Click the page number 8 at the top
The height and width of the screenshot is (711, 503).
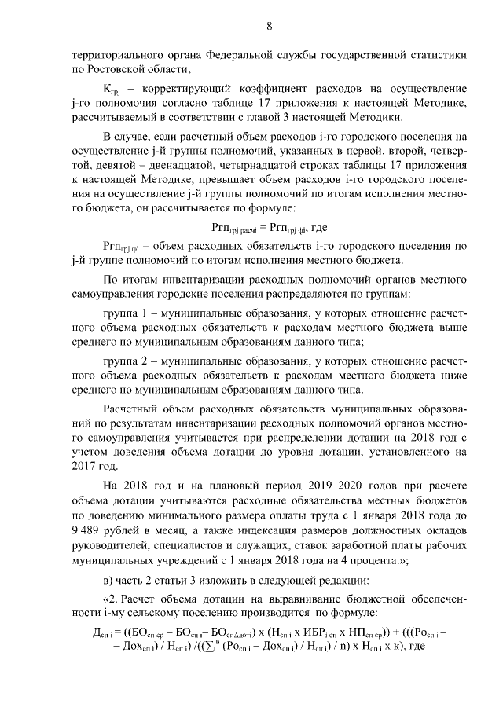[268, 25]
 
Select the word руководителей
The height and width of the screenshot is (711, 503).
[112, 545]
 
